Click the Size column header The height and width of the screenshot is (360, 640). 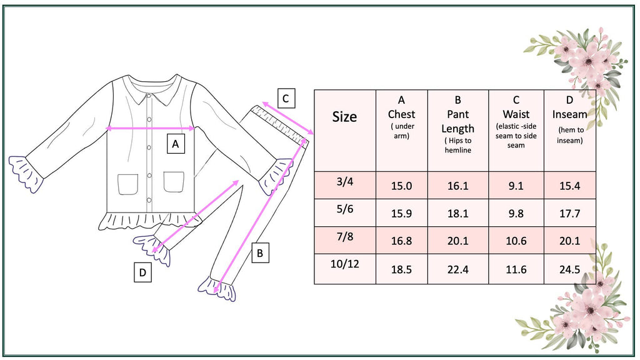(344, 117)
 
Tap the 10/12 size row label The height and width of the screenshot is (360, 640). (344, 264)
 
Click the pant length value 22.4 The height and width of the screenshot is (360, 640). (457, 269)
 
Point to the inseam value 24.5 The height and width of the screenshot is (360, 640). (569, 269)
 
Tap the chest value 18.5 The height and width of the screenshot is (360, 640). (401, 269)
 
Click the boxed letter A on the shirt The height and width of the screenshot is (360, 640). (176, 144)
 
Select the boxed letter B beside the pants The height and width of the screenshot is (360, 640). (260, 253)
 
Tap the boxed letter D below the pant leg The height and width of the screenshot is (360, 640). (142, 272)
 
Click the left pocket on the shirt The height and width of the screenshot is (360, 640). (127, 183)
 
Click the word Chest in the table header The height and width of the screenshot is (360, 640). (401, 114)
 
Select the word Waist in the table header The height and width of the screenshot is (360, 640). (516, 114)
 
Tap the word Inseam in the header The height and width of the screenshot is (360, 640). (569, 114)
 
